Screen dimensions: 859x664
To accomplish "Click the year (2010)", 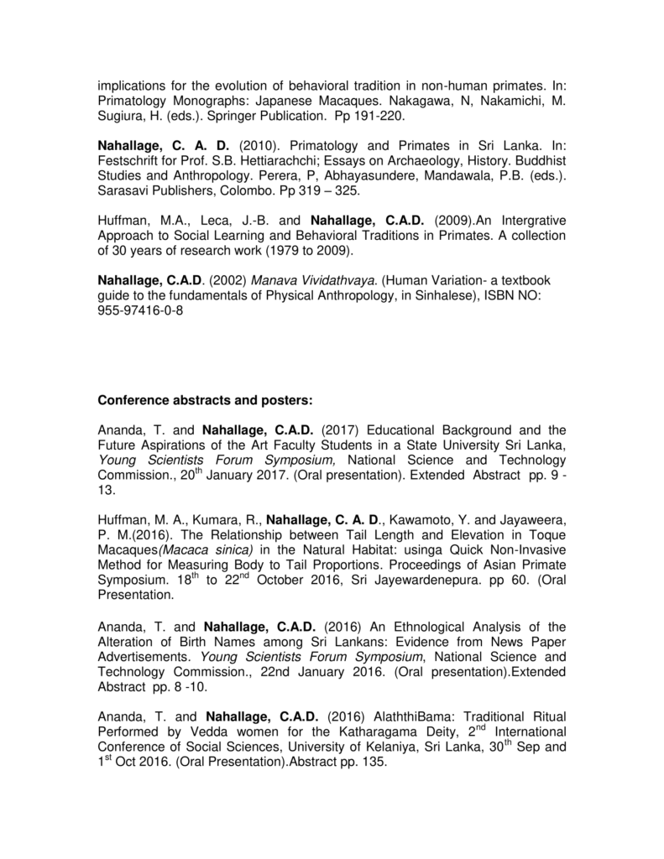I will coord(258,144).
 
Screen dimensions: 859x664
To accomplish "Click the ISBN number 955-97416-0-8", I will coord(141,310).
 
